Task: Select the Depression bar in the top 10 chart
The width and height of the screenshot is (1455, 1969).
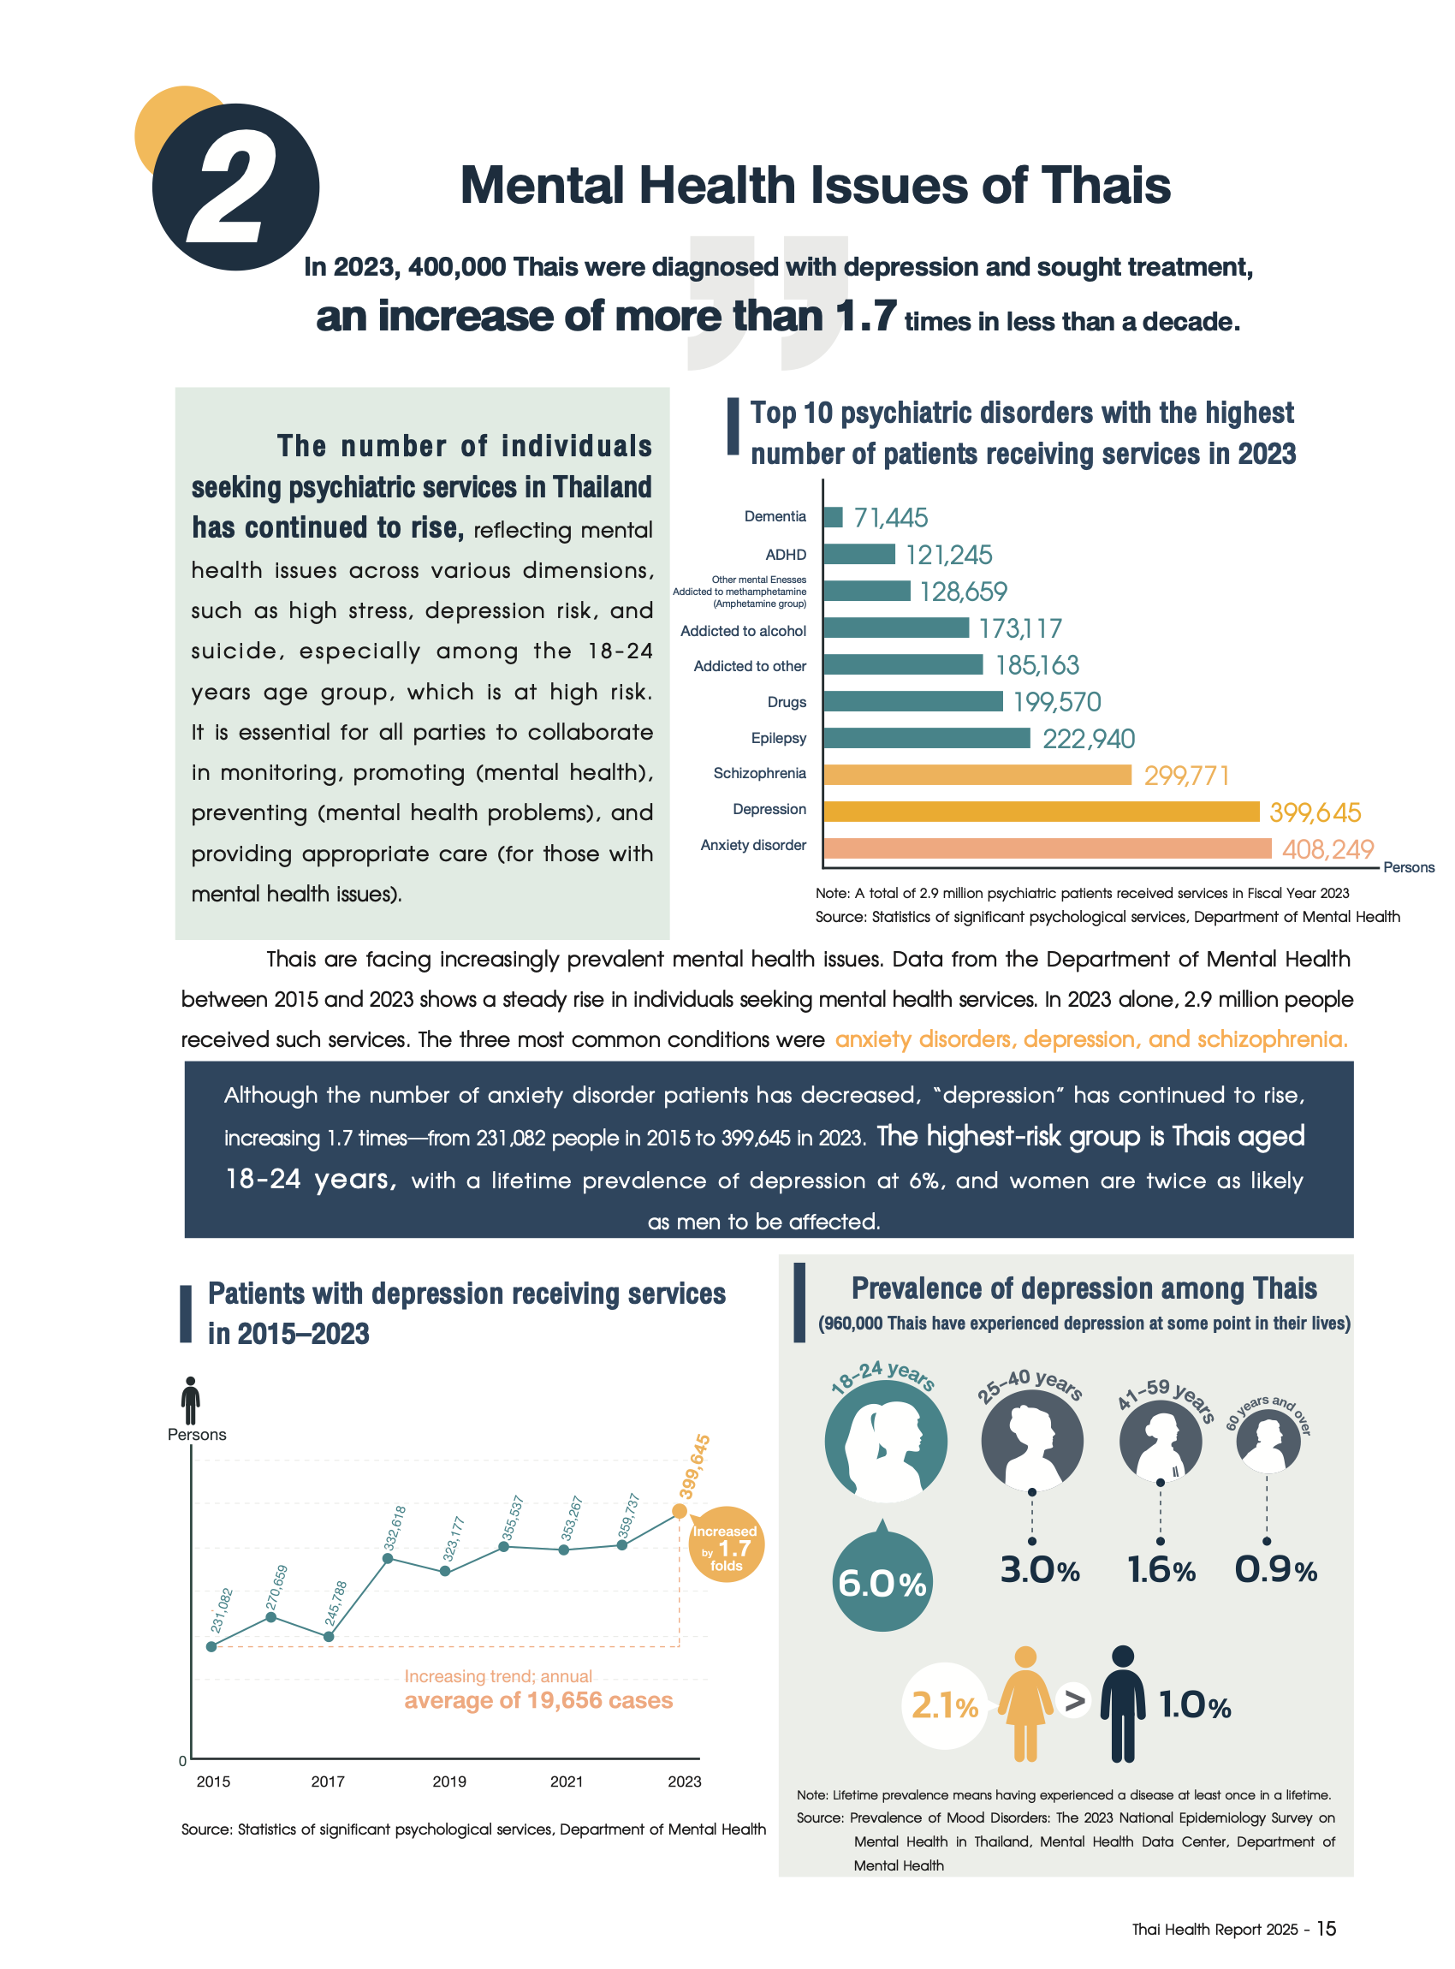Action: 1040,812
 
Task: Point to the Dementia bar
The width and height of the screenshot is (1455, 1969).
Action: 832,517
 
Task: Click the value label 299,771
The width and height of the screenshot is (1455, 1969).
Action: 1185,776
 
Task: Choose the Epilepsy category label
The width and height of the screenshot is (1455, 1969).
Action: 778,737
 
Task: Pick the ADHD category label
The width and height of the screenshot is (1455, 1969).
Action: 785,554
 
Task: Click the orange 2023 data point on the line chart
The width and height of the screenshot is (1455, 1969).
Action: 679,1511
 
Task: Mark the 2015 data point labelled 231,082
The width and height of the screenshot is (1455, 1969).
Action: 211,1646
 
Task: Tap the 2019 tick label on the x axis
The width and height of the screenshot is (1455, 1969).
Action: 449,1782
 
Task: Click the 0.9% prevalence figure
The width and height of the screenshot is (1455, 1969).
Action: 1274,1569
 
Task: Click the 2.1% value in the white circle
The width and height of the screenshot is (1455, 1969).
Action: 944,1706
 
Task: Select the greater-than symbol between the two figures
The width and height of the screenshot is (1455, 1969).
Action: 1074,1700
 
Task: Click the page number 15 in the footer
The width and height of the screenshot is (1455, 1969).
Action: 1326,1929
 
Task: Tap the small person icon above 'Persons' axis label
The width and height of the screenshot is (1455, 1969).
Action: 190,1400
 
